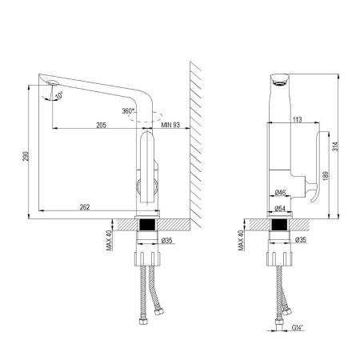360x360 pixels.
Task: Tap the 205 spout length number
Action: (x=102, y=124)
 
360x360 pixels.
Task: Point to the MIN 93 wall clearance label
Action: (x=170, y=124)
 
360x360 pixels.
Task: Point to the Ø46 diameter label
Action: (x=281, y=193)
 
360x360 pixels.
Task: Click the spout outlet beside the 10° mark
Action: (x=50, y=82)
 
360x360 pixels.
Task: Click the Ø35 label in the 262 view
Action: (x=167, y=239)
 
